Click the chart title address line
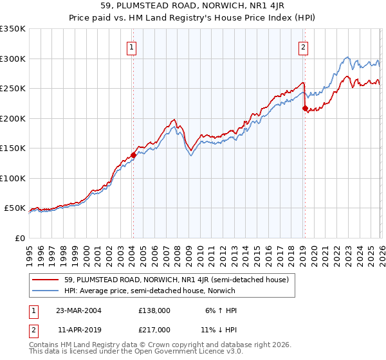click(x=193, y=7)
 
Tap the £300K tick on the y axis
click(x=13, y=59)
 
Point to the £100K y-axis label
click(x=13, y=178)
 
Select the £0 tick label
click(x=19, y=239)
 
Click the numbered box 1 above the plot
click(x=131, y=46)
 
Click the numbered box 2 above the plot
click(x=303, y=46)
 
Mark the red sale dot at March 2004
click(x=133, y=155)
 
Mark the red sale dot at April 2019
click(x=305, y=108)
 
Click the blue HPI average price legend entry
click(x=150, y=291)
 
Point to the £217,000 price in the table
click(x=154, y=329)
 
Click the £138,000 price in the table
click(x=154, y=310)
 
